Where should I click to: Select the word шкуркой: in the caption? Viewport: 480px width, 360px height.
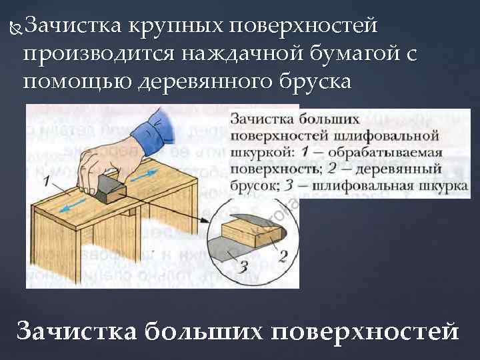(x=257, y=151)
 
